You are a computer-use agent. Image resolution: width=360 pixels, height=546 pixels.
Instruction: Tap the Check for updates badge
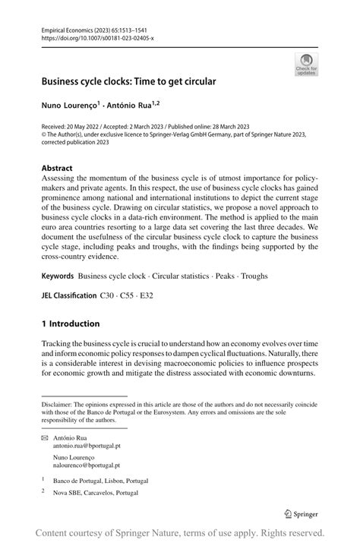click(x=306, y=64)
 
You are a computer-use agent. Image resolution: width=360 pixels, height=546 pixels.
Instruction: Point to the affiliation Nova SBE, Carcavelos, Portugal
click(x=95, y=493)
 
